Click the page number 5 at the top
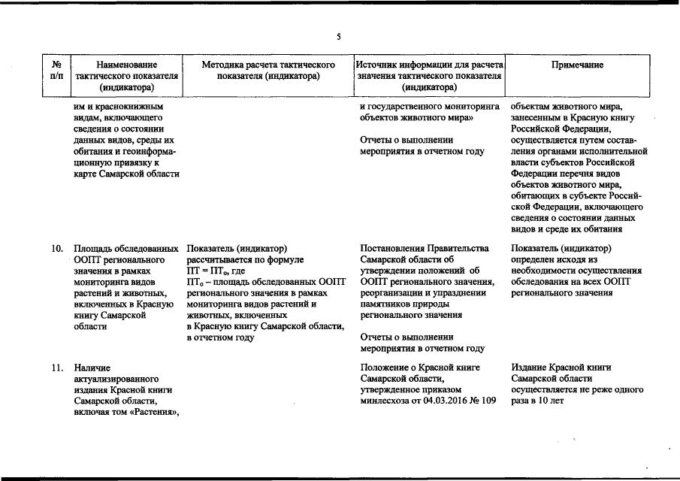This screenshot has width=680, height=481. coord(339,37)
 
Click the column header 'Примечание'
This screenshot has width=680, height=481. coord(577,65)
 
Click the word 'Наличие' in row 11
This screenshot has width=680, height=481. coord(92,368)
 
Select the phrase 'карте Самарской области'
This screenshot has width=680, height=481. coord(126,174)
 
